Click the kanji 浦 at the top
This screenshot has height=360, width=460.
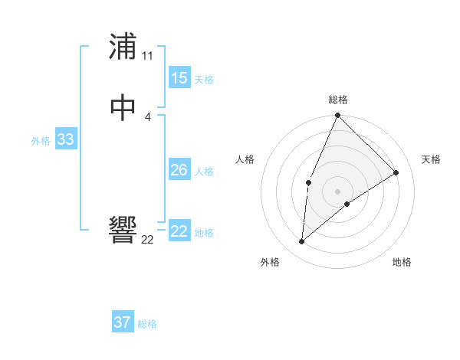click(123, 47)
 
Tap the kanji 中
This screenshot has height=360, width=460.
click(123, 108)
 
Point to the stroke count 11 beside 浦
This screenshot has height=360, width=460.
click(147, 56)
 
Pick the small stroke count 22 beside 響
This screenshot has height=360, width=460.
click(147, 240)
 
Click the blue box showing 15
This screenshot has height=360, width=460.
click(179, 78)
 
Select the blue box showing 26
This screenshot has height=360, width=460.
click(179, 170)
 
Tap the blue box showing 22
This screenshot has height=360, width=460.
click(179, 231)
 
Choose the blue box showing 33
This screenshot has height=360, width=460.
click(65, 139)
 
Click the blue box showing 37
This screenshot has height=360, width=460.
click(122, 322)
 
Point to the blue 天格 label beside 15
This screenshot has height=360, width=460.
click(204, 80)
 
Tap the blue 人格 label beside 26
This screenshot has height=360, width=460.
click(204, 172)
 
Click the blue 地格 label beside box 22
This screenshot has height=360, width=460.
click(204, 233)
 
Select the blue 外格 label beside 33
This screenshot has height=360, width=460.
click(41, 141)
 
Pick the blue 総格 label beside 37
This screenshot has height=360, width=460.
click(147, 324)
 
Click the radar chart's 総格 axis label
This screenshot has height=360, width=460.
click(338, 100)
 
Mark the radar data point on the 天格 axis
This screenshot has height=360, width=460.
click(396, 173)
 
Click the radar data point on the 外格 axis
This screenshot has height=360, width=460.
click(302, 242)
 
